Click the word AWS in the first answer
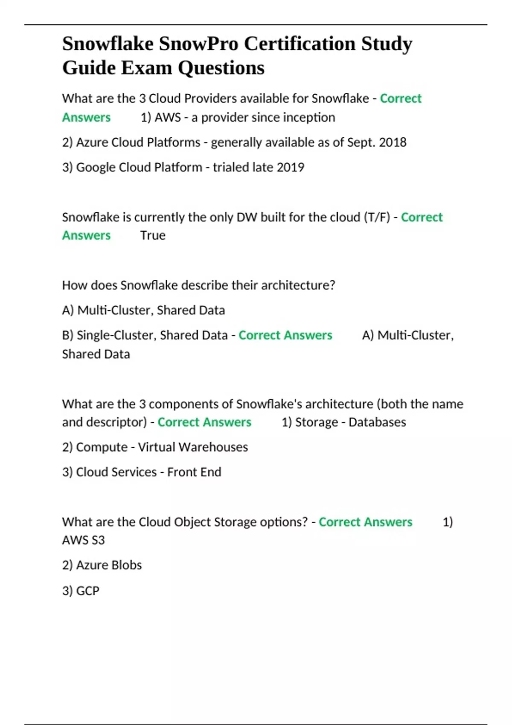coord(168,117)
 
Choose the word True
coord(153,235)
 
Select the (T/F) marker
coord(377,217)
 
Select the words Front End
coord(194,472)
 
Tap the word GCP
coord(87,591)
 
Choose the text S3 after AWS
coord(98,540)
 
